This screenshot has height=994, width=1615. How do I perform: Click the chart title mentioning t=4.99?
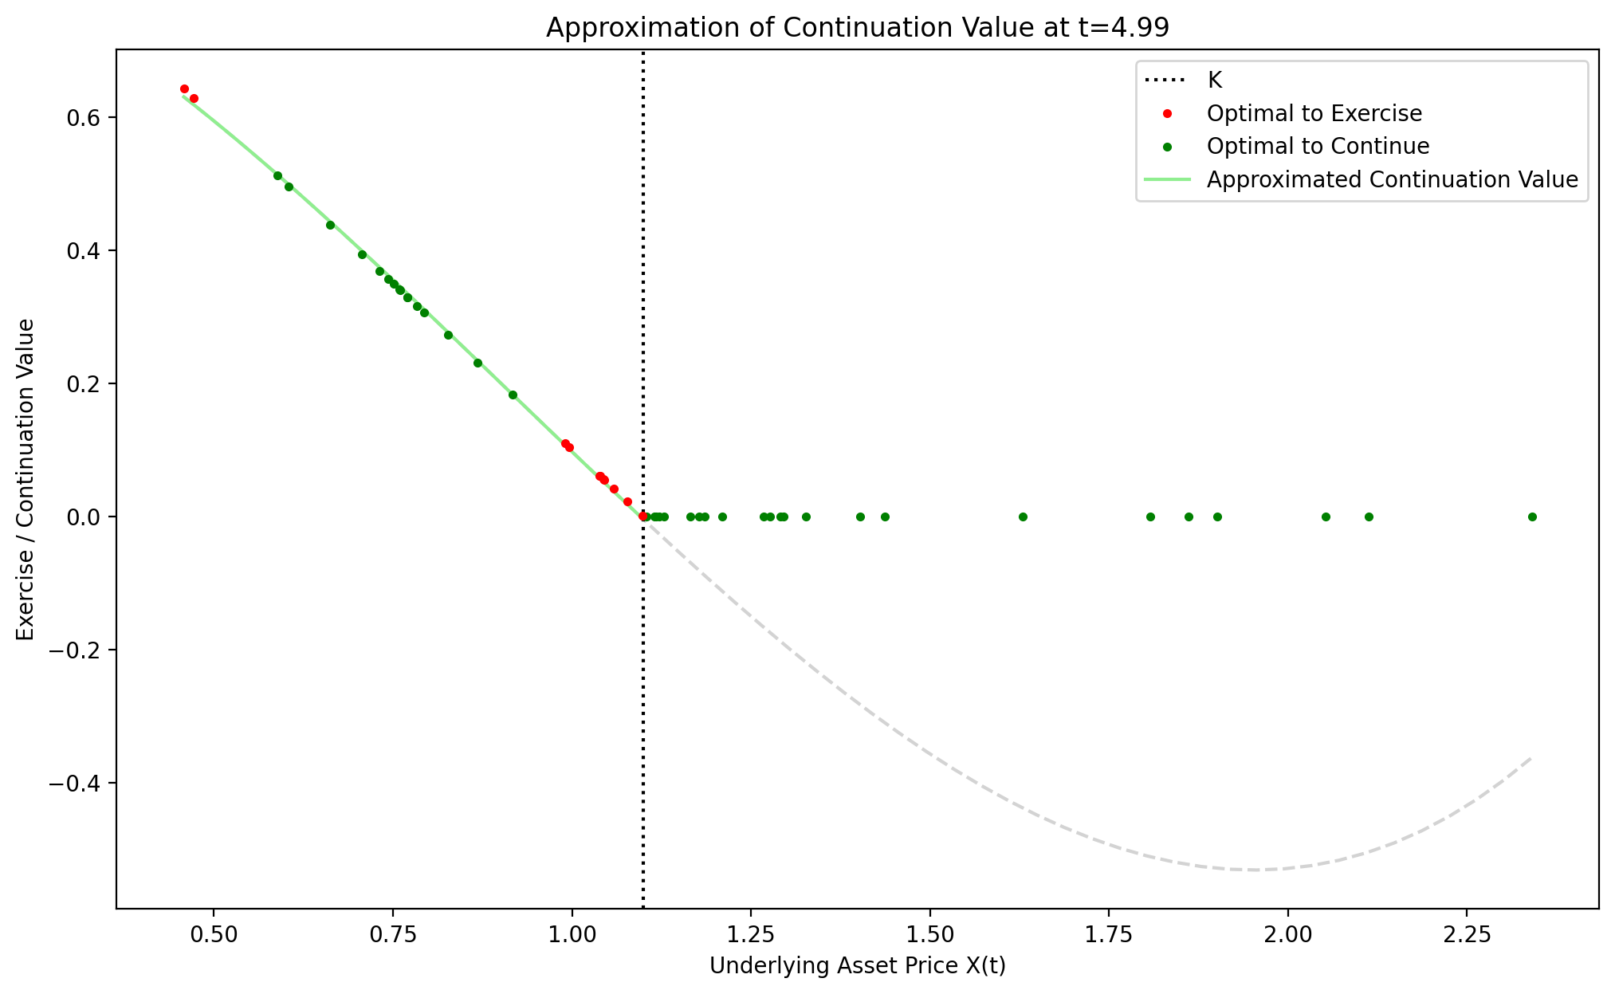(857, 28)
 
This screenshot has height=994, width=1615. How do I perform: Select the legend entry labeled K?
(1214, 80)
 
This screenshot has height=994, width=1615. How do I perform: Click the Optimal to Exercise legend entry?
(1314, 113)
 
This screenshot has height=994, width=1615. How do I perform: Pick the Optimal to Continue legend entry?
(1318, 147)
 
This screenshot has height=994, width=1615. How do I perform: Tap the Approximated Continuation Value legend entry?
(1392, 180)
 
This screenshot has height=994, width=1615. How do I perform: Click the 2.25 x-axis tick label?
(1466, 933)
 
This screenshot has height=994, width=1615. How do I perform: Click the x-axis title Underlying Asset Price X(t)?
(857, 966)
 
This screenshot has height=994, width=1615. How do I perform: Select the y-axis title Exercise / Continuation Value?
(26, 479)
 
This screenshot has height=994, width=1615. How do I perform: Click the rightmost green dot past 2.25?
(1531, 517)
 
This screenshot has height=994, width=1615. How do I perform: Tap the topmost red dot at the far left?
(184, 88)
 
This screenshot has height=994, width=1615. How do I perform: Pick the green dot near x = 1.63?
(1023, 517)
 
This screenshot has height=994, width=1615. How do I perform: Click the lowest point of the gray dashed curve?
(1254, 870)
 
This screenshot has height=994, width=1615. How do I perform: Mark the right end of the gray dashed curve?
(1531, 758)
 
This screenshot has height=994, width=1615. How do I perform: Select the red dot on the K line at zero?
(643, 517)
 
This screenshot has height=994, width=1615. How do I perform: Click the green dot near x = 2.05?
(1326, 517)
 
